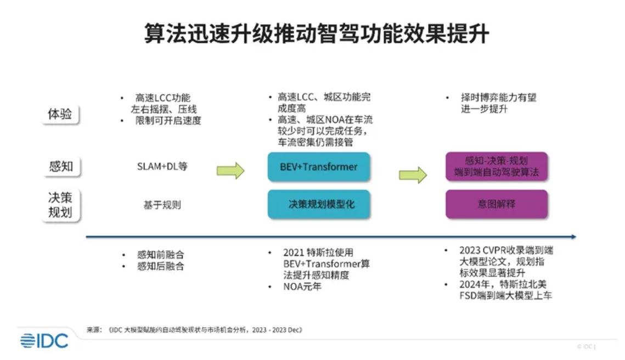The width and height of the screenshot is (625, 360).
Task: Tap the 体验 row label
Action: coord(60,115)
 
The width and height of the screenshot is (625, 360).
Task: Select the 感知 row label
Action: coord(60,166)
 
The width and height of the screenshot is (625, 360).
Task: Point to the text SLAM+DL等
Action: coord(162,166)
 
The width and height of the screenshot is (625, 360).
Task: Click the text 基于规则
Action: coord(162,205)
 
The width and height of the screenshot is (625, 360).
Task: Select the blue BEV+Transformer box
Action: coord(318,167)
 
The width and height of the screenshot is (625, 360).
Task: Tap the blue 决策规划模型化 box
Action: coord(318,204)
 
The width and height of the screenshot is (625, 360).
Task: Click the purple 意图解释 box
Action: coord(496,204)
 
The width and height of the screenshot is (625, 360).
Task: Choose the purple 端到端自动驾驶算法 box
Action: coord(496,167)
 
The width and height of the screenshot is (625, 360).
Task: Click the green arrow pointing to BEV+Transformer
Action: coord(230,170)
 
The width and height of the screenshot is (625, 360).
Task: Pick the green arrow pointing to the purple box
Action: coord(413,175)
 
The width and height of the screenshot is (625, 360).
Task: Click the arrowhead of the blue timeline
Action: coord(573,237)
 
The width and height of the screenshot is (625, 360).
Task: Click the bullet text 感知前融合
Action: coord(160,255)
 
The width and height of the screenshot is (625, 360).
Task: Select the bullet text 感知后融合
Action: coord(160,267)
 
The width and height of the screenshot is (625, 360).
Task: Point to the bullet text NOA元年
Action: coord(302,287)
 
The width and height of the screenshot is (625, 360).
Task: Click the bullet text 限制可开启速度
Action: coord(168,121)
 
